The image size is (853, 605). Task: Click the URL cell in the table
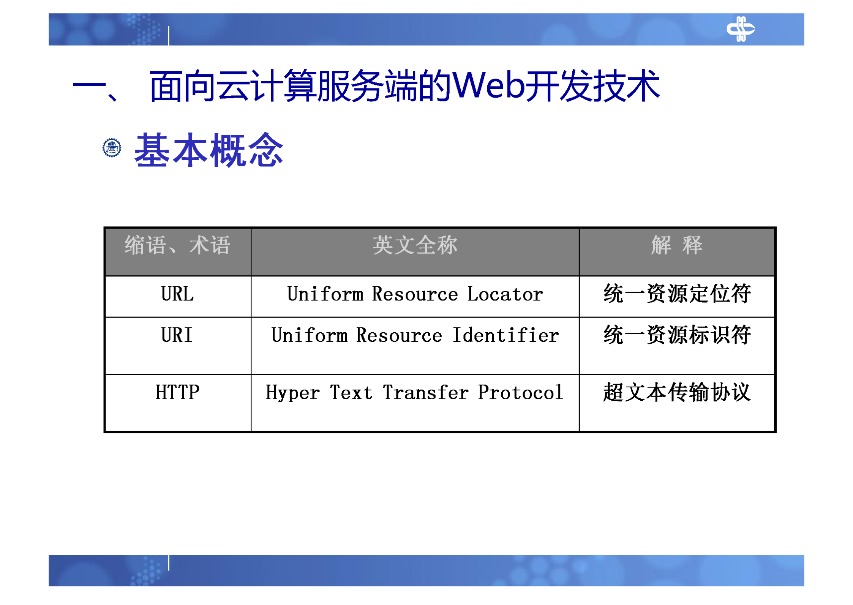[177, 294]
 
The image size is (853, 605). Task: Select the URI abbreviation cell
[177, 335]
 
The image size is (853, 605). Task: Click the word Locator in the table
[505, 294]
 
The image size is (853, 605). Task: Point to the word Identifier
[505, 335]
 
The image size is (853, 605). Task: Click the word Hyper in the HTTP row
[292, 393]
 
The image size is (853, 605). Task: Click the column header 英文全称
[415, 245]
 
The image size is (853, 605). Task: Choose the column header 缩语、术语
[177, 245]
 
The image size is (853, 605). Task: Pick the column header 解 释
[676, 245]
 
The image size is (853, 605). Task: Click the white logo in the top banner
[740, 29]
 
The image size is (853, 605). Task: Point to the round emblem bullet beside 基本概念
[112, 148]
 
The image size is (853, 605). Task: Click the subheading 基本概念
[209, 150]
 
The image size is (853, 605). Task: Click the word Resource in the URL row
[415, 294]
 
